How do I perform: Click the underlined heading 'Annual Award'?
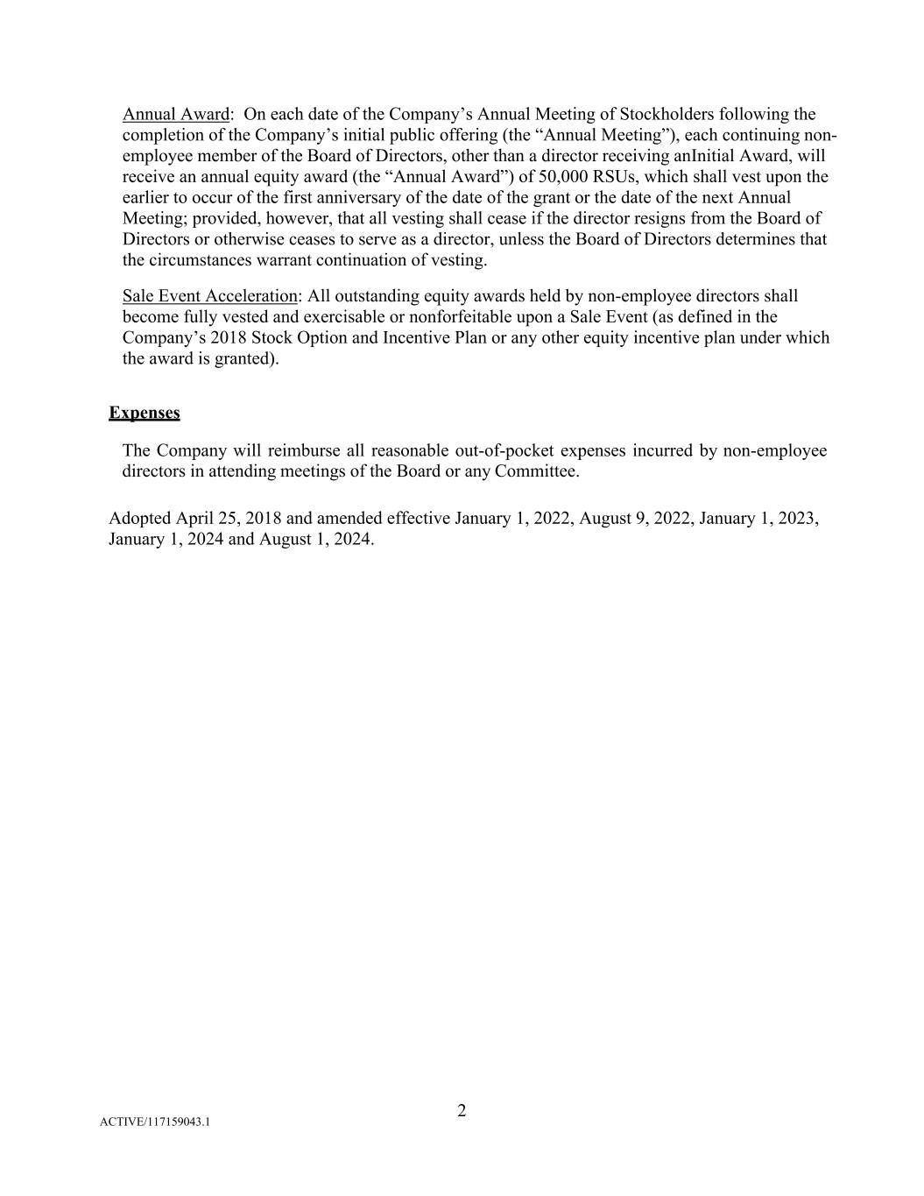pos(175,114)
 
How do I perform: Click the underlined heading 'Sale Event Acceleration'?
pos(209,296)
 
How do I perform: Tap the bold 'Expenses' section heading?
pos(145,413)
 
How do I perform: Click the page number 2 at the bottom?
pos(462,1111)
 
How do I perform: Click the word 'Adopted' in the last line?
pos(139,518)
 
